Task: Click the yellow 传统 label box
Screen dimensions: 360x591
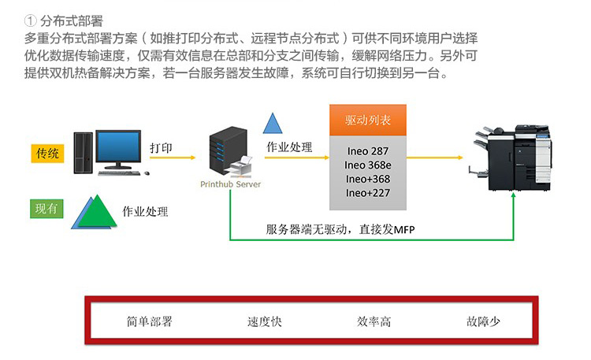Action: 48,153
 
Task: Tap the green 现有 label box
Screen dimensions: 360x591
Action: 46,209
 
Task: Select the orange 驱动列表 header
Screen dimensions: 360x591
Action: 368,121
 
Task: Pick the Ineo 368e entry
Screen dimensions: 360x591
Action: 367,165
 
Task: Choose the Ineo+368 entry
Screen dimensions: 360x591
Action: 367,179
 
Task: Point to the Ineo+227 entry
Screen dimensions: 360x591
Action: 367,192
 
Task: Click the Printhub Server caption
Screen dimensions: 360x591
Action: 231,184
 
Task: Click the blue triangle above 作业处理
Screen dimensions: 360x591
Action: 273,123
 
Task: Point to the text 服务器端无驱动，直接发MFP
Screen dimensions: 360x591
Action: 340,229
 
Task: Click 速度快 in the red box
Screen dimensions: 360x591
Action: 264,321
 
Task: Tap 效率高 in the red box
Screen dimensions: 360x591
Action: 374,321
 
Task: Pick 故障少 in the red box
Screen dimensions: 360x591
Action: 484,321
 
